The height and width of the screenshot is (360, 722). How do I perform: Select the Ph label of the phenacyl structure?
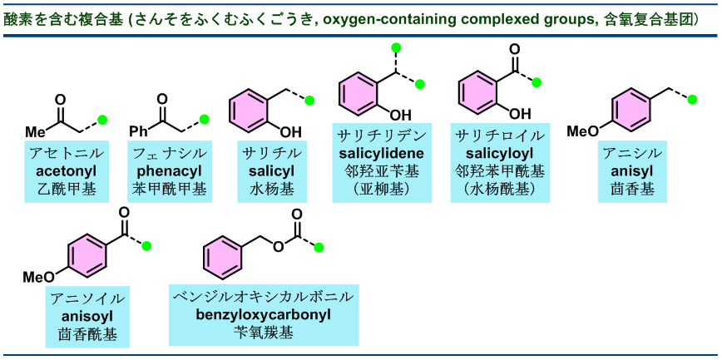(139, 131)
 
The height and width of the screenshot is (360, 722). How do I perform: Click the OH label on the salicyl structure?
(290, 131)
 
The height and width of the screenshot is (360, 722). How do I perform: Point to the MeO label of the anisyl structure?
(581, 131)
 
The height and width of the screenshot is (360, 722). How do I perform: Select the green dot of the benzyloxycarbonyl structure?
(318, 246)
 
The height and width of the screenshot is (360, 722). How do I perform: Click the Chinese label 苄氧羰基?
(264, 333)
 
